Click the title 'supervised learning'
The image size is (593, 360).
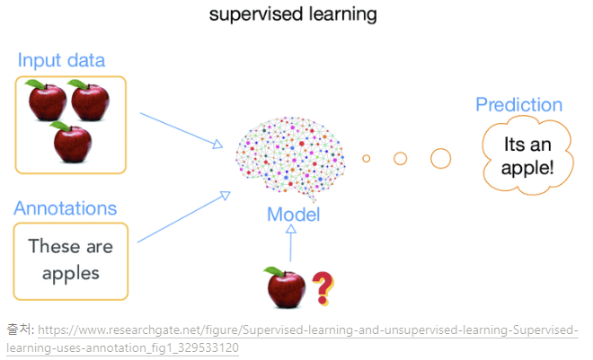(292, 14)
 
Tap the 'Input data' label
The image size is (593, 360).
(61, 61)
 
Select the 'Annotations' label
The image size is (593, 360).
(65, 208)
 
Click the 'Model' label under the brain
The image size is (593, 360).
(293, 215)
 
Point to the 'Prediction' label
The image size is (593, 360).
(518, 105)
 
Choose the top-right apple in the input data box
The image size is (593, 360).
(91, 101)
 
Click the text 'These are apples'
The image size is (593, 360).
(70, 259)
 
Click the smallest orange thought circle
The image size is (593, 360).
(367, 159)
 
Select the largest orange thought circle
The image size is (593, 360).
(440, 159)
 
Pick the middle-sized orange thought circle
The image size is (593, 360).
(401, 159)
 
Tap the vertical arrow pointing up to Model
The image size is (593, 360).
(290, 244)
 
